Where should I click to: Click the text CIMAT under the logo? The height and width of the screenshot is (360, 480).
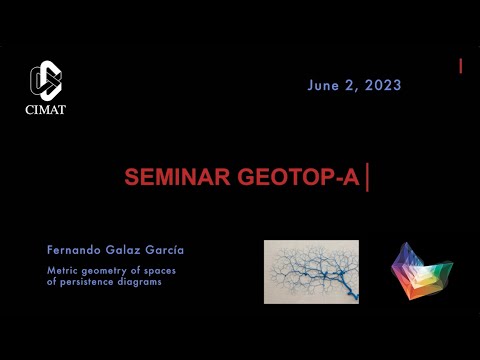[x=45, y=110]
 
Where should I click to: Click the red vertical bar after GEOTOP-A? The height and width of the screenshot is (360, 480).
[x=369, y=178]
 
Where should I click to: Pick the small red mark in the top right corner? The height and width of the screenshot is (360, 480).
[x=461, y=66]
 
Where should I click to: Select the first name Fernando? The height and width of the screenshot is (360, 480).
[x=73, y=248]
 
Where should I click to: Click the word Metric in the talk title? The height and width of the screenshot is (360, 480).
[x=63, y=269]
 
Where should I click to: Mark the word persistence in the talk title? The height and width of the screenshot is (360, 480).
[x=97, y=282]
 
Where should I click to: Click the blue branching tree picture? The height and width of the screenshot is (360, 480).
[x=311, y=271]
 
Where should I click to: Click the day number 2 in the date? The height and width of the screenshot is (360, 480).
[x=350, y=86]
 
